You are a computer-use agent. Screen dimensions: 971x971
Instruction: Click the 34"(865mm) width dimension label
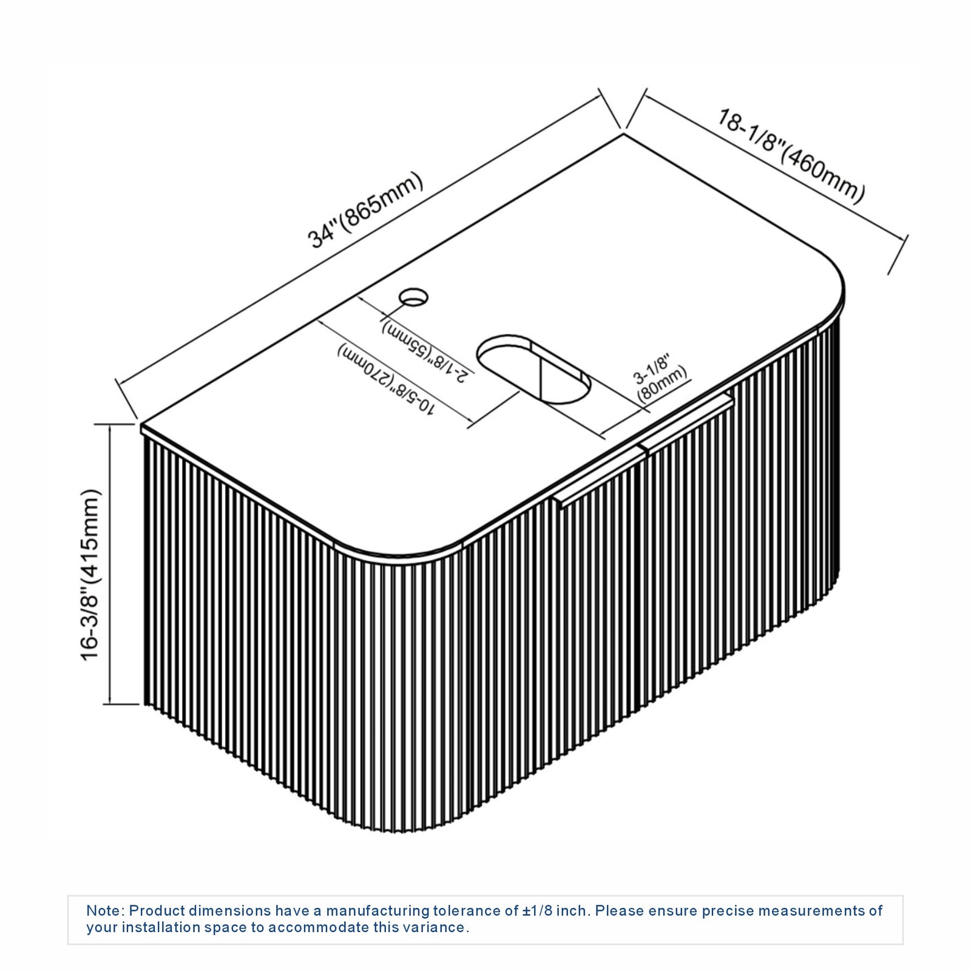(366, 211)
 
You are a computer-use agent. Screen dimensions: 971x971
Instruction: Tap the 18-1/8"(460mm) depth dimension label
(791, 155)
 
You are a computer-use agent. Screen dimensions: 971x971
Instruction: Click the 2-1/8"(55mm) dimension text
(425, 352)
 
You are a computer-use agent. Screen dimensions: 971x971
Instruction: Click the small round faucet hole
(413, 297)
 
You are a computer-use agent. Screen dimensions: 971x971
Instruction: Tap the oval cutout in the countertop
(534, 368)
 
